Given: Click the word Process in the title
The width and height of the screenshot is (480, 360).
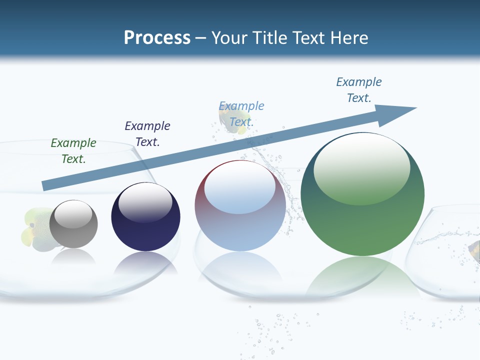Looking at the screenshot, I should point(157,38).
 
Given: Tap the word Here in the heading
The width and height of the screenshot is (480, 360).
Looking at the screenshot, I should point(348,38).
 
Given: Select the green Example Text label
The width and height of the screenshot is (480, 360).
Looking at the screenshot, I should point(73,150).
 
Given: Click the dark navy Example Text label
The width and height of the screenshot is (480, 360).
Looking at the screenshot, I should point(147,133).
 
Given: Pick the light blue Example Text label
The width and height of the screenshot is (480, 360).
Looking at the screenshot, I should point(241,113).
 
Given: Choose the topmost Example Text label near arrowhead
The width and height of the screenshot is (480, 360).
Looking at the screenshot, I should point(359,89).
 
